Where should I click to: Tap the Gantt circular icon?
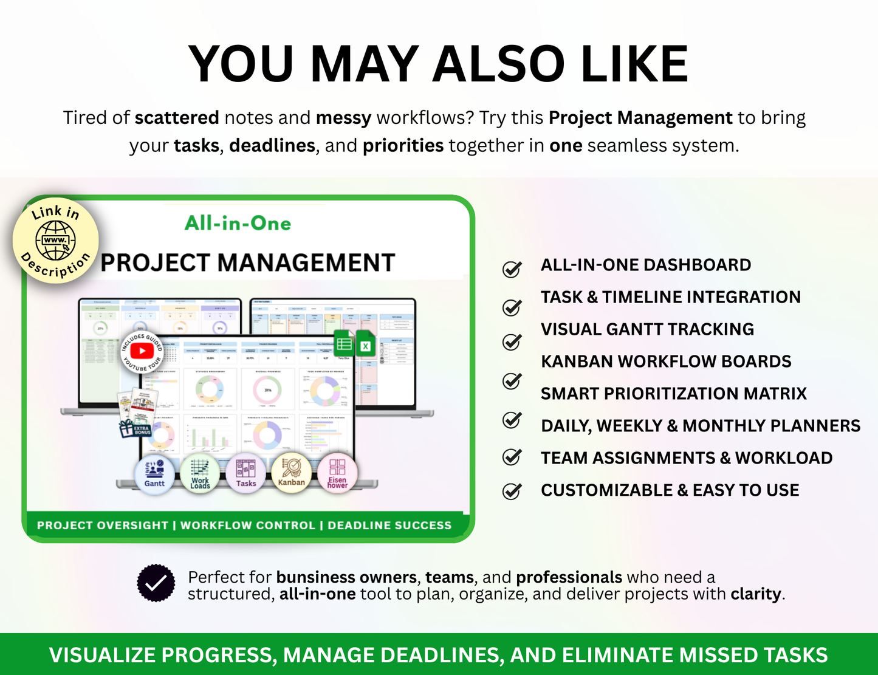154,473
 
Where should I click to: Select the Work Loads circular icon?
200,473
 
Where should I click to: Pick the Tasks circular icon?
245,473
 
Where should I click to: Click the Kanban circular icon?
292,473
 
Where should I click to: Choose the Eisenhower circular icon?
337,473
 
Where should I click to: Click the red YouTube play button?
142,351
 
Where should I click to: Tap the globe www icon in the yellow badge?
55,241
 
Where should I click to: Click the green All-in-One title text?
238,224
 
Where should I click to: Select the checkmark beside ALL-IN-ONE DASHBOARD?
512,269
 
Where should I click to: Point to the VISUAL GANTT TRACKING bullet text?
647,329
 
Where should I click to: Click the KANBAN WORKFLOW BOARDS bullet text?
666,361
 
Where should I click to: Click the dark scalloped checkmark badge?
156,583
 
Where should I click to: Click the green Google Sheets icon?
345,344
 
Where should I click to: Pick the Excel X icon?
366,346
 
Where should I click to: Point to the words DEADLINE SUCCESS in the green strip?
389,526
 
